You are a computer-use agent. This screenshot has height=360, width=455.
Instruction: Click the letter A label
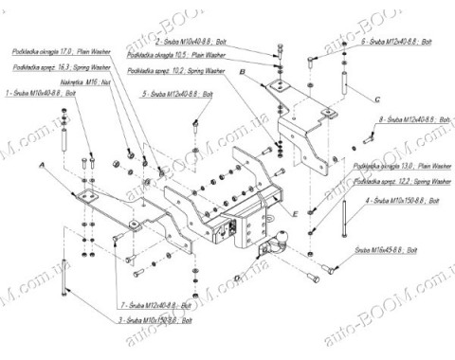click(43, 166)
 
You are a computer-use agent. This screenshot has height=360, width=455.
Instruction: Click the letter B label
click(243, 72)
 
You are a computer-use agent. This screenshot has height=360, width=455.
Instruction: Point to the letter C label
click(376, 99)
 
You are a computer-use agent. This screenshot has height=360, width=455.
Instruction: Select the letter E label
click(297, 215)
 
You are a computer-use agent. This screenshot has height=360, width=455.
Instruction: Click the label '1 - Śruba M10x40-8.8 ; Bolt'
click(42, 95)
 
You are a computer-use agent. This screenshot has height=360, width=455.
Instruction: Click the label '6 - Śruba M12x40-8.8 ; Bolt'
click(396, 44)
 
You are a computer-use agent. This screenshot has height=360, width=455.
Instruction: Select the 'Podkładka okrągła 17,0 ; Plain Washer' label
click(62, 53)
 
